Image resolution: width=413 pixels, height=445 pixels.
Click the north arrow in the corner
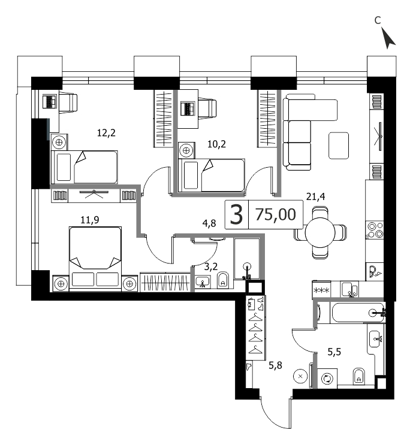point(387,38)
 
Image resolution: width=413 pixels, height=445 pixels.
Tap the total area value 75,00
point(276,214)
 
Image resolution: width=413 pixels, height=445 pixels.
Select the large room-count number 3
point(236,215)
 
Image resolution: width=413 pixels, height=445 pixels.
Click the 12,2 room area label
point(106,133)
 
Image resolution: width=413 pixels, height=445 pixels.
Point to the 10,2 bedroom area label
point(217,144)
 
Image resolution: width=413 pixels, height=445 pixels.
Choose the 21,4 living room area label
point(315,196)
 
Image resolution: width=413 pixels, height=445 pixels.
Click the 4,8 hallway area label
point(209,223)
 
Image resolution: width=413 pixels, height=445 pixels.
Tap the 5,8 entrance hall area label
point(275,365)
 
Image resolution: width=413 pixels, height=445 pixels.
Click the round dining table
point(320,233)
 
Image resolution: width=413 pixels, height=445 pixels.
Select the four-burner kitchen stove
point(375,230)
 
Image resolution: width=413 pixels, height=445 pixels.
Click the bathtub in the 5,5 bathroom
point(358,313)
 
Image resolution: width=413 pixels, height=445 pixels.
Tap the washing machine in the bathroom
point(327,379)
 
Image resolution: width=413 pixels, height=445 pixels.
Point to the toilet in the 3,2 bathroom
point(223,280)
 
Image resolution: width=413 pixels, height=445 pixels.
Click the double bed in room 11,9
point(95,259)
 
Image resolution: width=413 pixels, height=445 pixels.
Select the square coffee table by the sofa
point(339,146)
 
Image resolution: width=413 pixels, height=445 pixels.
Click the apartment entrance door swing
point(276,413)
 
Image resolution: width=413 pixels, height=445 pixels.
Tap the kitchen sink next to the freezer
point(349,289)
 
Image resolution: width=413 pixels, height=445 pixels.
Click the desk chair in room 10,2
point(208,108)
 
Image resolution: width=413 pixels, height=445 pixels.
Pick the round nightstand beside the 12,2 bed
point(59,142)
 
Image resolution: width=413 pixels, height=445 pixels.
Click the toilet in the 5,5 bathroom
point(359,376)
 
